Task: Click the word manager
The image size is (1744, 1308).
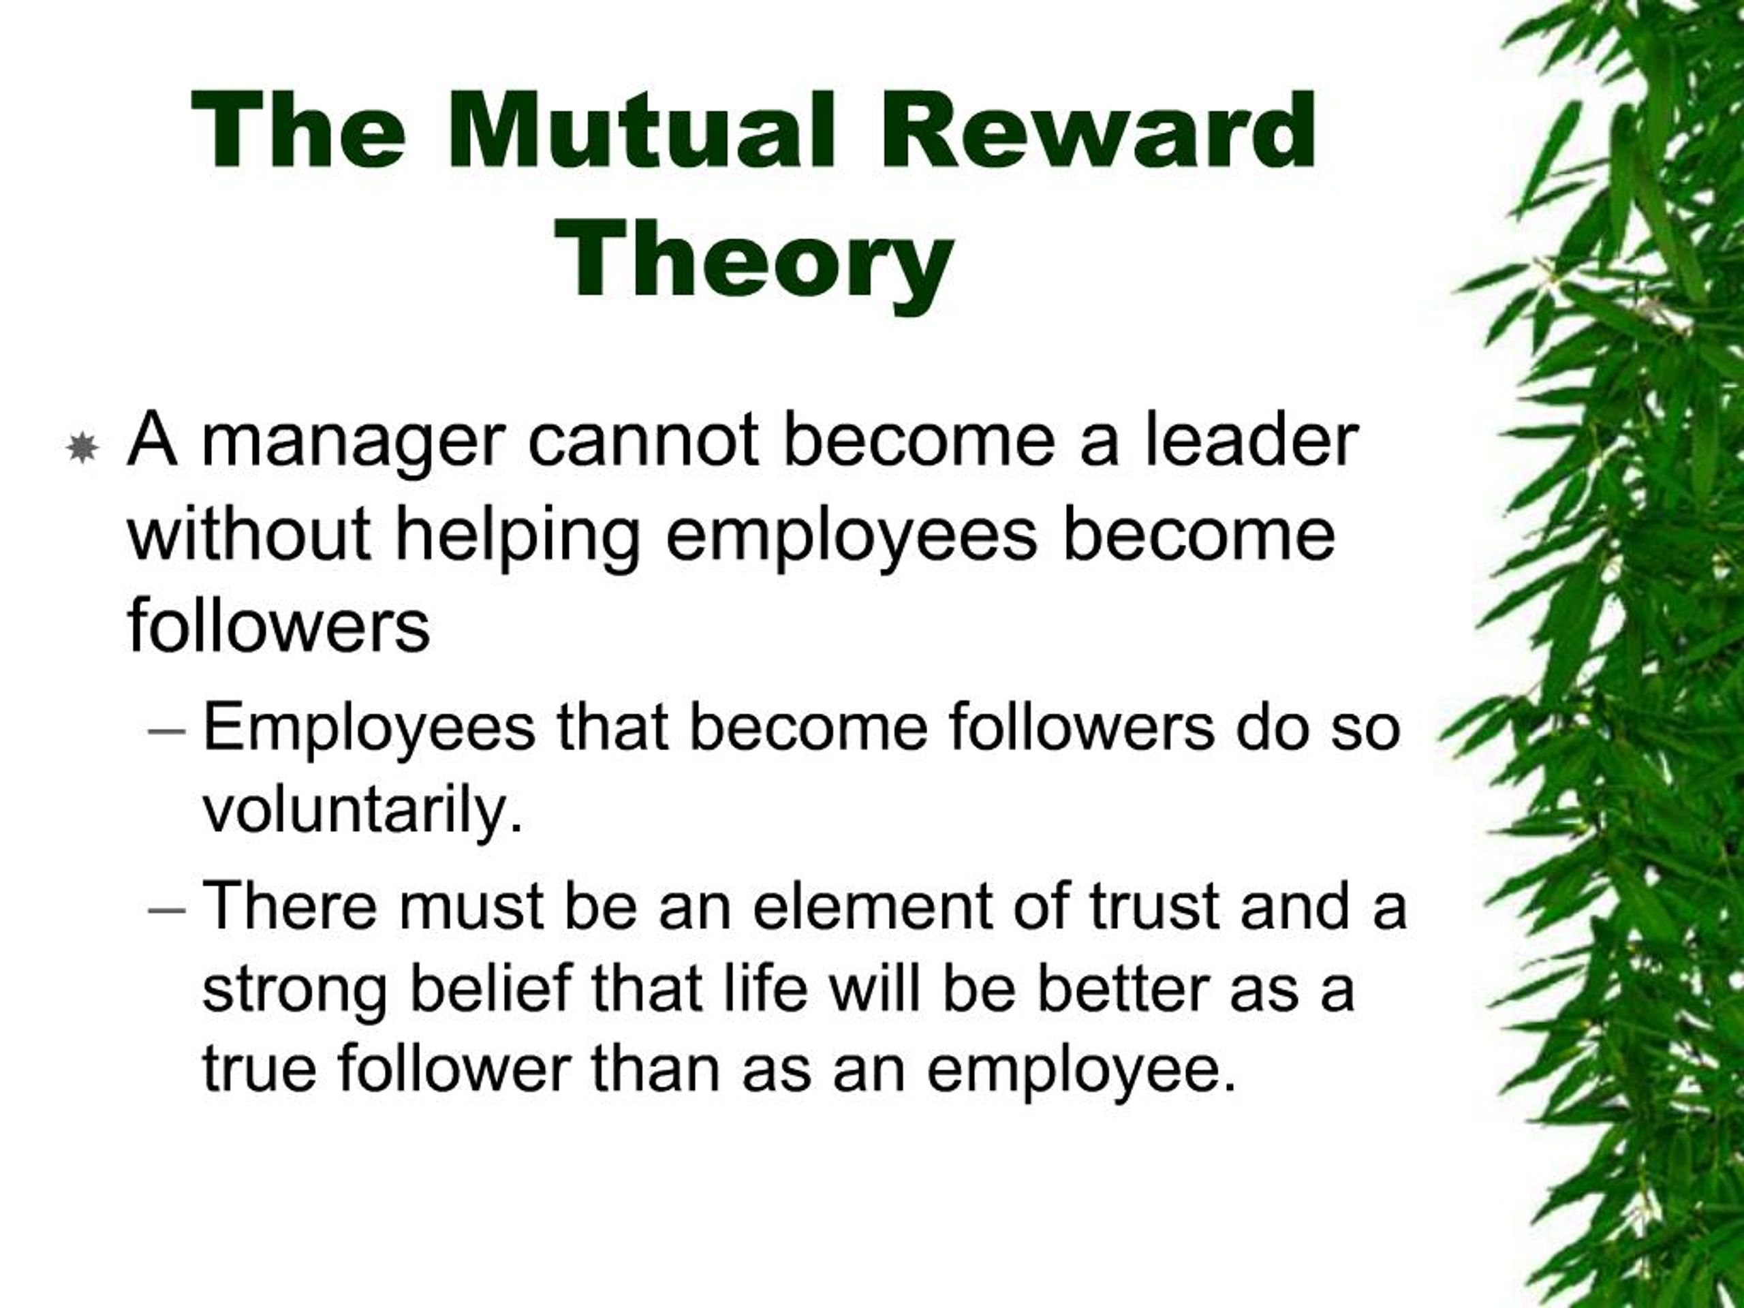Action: click(352, 445)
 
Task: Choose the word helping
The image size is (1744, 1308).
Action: click(517, 538)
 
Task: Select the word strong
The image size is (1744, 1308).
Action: click(295, 993)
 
